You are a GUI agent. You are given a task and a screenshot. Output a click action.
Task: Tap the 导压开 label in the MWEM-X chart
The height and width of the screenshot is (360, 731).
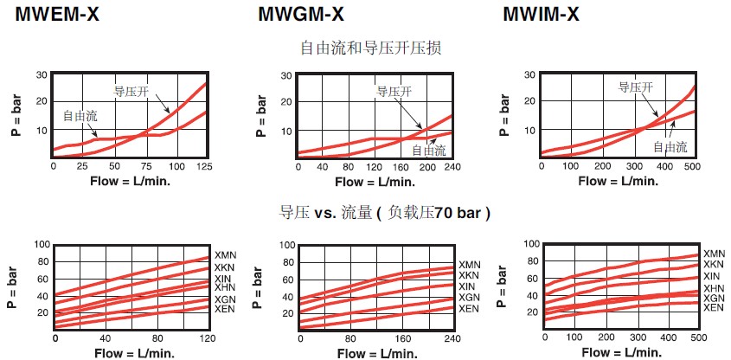point(131,90)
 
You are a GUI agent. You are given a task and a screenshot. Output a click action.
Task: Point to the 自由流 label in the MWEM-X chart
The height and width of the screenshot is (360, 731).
point(80,114)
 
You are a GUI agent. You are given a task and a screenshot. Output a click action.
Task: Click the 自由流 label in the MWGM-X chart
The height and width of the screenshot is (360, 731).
point(429,150)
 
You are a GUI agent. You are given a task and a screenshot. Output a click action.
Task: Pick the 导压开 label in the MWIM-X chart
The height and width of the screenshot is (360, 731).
point(635,87)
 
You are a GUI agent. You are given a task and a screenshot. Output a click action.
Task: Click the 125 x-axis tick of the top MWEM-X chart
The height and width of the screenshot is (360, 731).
point(205,165)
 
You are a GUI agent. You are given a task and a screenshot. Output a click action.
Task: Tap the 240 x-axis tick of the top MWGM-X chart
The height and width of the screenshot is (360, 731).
point(452,166)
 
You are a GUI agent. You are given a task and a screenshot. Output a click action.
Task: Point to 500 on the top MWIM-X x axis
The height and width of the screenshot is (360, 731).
point(694,166)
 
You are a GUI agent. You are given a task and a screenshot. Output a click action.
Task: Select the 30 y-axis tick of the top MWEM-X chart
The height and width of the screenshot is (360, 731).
point(42,75)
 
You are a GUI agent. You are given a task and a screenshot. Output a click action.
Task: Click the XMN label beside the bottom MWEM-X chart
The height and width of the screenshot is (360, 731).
point(225,256)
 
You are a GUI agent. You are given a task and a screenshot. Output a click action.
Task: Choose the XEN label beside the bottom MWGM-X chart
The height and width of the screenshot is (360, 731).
point(468,309)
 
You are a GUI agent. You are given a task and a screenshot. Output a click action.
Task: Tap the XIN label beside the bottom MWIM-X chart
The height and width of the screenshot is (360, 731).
point(713,276)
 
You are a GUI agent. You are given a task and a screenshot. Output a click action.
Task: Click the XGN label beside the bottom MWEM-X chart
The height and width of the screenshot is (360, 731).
point(225,299)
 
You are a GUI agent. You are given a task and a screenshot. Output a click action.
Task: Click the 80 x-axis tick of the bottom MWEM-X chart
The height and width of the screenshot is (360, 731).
point(157,337)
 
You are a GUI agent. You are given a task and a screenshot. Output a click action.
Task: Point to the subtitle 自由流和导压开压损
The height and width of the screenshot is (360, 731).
point(371,48)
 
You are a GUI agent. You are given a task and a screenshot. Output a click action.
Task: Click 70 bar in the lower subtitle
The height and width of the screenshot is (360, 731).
point(457,213)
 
